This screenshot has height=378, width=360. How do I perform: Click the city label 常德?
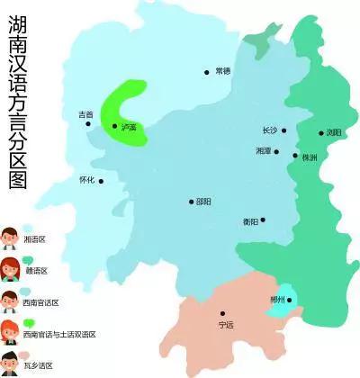pos(223,70)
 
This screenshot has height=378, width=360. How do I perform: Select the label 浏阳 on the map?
pos(334,132)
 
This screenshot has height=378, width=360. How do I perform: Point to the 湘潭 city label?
pos(264,151)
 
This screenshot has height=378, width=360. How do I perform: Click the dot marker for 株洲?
pos(294,156)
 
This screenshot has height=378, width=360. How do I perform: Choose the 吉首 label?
pos(85,114)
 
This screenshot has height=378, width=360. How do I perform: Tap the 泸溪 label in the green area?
pos(129,128)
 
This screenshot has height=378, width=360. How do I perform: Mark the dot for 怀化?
pos(101,181)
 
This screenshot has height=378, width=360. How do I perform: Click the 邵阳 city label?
pos(204,202)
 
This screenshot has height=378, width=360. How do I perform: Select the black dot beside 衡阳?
pos(263,219)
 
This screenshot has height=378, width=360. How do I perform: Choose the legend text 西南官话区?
pos(41,302)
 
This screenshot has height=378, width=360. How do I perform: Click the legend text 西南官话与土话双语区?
pos(58,334)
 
